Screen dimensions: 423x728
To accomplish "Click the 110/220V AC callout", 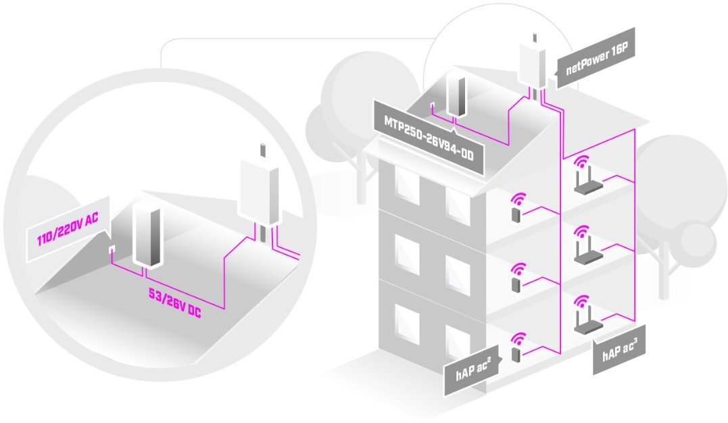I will (66, 240).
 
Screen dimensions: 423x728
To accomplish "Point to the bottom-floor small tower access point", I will (516, 353).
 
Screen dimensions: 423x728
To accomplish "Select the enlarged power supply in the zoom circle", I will (148, 234).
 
